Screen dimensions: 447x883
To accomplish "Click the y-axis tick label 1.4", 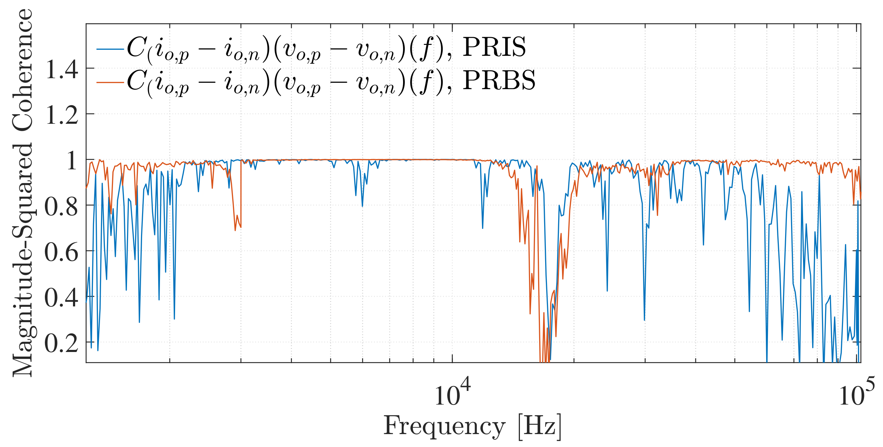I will point(62,69).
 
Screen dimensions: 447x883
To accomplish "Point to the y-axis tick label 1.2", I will point(62,115).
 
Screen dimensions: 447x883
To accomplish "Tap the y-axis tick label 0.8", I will point(61,207).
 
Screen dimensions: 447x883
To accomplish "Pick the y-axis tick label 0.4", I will point(61,298).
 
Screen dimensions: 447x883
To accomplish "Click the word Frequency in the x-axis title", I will point(444,426).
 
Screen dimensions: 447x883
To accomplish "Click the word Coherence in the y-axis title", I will point(22,70).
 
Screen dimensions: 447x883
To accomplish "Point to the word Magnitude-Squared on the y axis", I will point(22,259).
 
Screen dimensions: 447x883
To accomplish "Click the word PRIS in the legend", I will point(494,47).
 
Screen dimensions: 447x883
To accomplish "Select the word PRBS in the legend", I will point(499,80).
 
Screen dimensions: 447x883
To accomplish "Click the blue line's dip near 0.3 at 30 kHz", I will point(644,320).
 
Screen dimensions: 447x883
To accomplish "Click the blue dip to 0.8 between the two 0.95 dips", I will point(362,206).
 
